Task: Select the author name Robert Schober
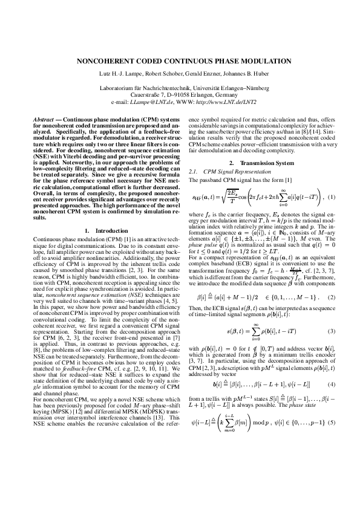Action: pos(164,76)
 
